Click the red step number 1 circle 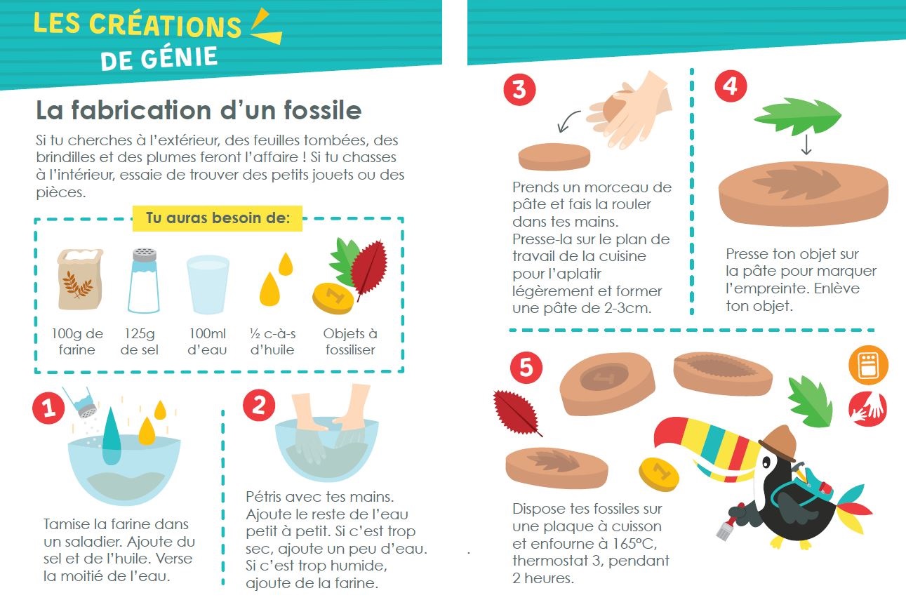pos(48,408)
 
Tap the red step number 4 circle pos(731,86)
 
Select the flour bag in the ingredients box pos(80,279)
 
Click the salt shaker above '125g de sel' pos(144,281)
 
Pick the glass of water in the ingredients pos(208,284)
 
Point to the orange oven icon pos(868,365)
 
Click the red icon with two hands pos(867,408)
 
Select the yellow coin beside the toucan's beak pos(659,474)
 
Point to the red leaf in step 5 pos(517,413)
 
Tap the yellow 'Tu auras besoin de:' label pos(218,218)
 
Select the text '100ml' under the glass pos(208,333)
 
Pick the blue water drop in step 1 pos(112,436)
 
